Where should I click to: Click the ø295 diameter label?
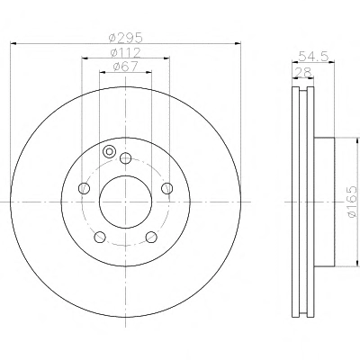[x=125, y=38]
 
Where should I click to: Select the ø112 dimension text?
[x=125, y=53]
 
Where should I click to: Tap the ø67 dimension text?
[x=125, y=67]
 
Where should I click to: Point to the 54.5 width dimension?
[x=313, y=56]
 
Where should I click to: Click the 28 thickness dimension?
[x=303, y=72]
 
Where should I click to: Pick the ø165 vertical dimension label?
[x=352, y=202]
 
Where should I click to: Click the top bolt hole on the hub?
[x=125, y=158]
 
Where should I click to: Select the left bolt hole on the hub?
[x=84, y=188]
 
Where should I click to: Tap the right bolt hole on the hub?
[x=167, y=188]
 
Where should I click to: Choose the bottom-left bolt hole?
[x=100, y=237]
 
